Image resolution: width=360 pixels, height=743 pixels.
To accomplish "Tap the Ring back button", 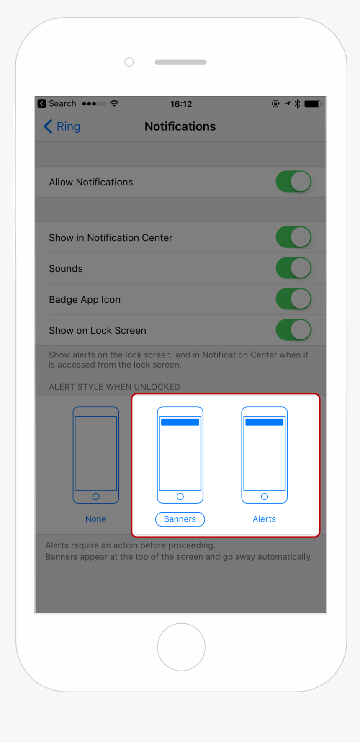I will point(62,126).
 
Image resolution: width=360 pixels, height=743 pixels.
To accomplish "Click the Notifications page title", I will point(180,126).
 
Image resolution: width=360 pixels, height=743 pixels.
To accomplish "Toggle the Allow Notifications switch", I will point(293,182).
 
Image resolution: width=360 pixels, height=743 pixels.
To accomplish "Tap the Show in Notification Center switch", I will point(293,237).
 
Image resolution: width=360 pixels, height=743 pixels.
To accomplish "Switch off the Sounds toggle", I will point(293,268).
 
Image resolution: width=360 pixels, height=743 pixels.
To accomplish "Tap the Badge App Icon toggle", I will point(293,299).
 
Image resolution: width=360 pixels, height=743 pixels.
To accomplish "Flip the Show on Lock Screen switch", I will point(293,330).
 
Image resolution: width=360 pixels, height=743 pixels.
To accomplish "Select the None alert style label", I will point(96,519).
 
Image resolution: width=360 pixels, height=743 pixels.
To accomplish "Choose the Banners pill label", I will point(180,519).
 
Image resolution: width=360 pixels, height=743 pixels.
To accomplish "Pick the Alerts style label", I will point(264,519).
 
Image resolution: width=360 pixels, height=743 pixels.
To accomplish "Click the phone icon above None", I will point(96,455).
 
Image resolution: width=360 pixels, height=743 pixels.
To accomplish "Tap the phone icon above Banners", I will point(180,455).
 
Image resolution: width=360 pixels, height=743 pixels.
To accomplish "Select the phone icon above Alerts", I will point(264,455).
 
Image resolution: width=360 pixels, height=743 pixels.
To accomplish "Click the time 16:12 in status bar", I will point(181,104).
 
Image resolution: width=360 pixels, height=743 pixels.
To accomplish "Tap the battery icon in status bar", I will point(313,104).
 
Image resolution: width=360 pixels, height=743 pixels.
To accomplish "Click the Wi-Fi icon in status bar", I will point(114,103).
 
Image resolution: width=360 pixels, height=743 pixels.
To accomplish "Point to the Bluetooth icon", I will point(297,104).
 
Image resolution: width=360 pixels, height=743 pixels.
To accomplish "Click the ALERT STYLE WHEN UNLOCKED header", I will point(114,387).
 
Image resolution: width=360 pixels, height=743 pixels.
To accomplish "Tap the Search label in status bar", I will point(62,103).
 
